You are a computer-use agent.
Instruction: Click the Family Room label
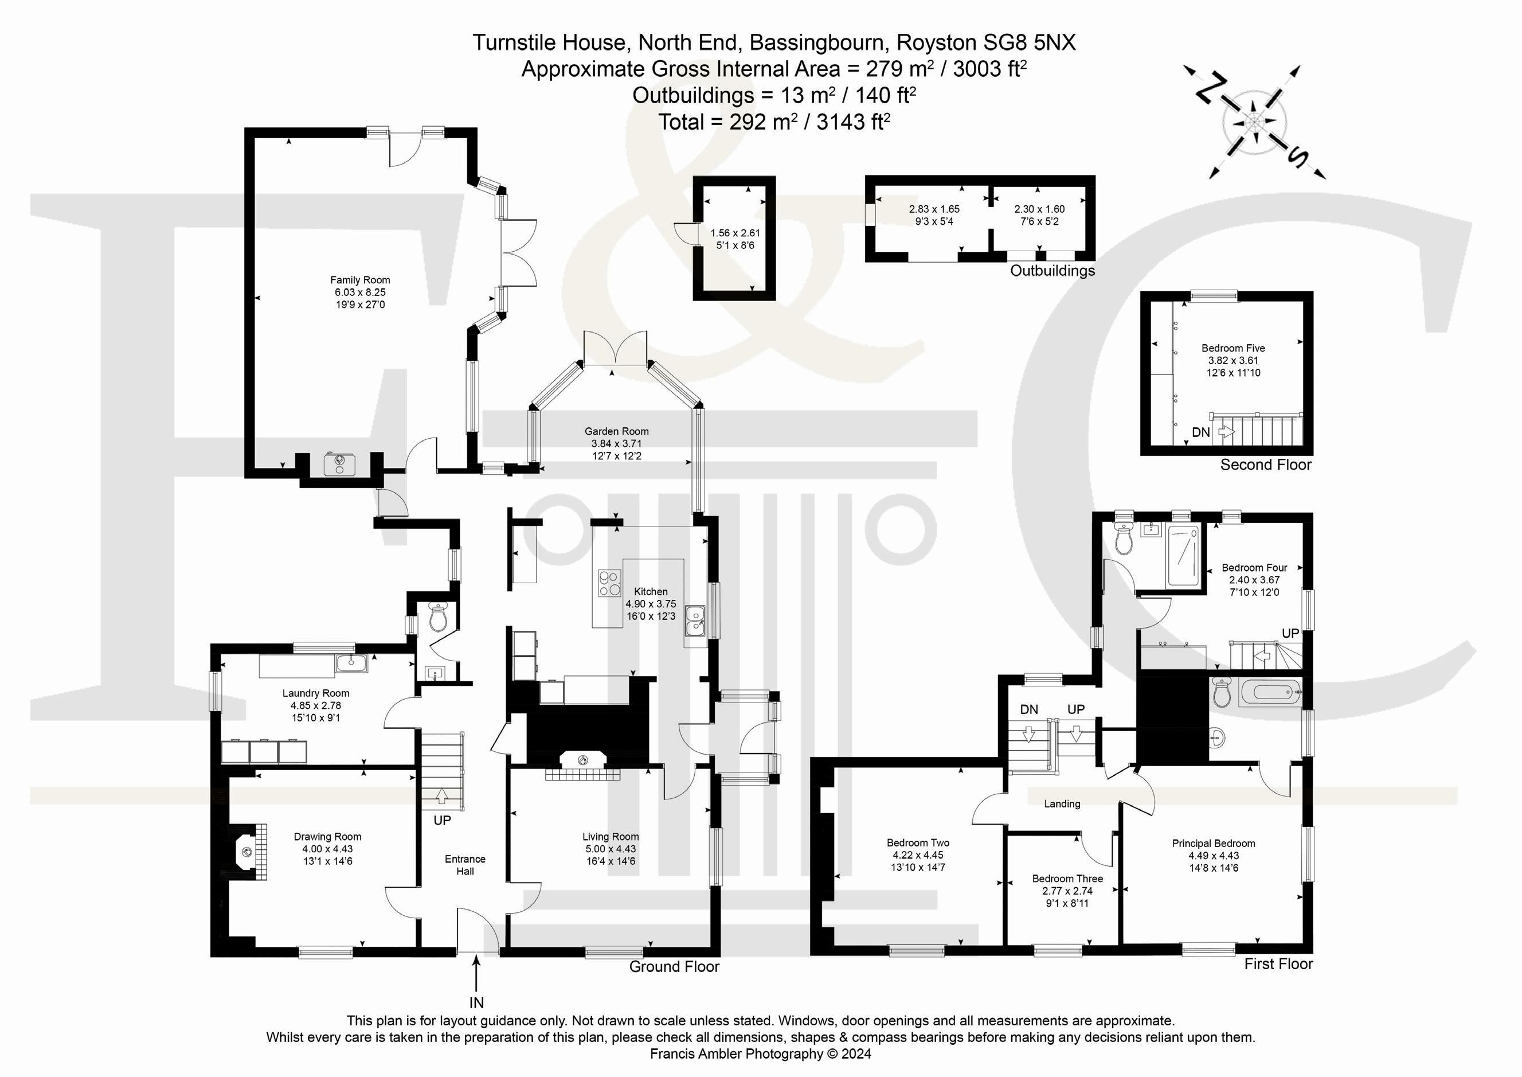pos(360,280)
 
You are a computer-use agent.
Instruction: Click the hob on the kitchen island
pos(610,584)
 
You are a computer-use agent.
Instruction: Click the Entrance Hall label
pos(465,865)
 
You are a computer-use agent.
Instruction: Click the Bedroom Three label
pos(1067,879)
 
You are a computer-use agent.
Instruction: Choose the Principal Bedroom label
pos(1213,844)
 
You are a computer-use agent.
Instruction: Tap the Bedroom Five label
pos(1233,348)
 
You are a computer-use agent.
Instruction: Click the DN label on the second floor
pos(1200,432)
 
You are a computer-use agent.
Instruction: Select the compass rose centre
pos(1254,122)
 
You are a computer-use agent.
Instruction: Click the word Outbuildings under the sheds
pos(1052,271)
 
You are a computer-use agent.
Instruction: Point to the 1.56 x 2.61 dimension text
pos(735,233)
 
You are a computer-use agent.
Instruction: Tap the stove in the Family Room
pos(340,464)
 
